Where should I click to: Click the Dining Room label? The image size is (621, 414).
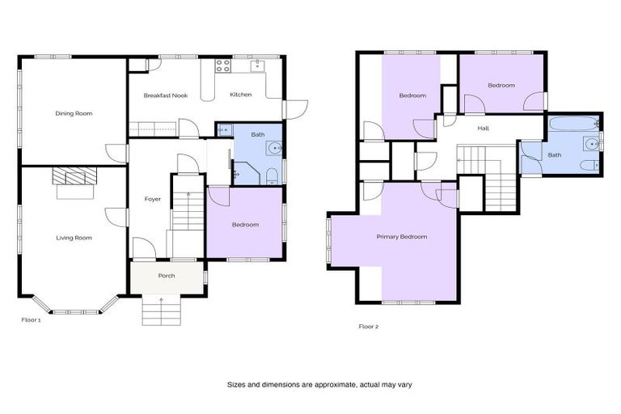coord(74,114)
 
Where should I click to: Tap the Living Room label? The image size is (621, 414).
coord(74,238)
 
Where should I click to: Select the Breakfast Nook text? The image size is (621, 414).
coord(166,95)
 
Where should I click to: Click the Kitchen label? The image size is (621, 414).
coord(240,95)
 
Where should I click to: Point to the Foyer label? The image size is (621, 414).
coord(153,199)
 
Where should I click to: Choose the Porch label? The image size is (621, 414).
coord(167,276)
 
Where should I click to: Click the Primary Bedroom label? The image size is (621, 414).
coord(401,237)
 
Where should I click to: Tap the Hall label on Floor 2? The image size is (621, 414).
coord(483,129)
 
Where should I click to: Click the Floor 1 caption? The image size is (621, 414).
coord(31,319)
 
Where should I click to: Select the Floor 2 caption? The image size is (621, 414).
coord(369,327)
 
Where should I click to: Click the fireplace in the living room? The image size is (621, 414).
coord(74,177)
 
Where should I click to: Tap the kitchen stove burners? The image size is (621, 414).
coord(223,65)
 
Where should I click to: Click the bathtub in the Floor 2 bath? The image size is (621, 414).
coord(572,125)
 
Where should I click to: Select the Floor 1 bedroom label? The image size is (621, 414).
coord(245,225)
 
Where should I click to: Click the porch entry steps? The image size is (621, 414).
coord(162,308)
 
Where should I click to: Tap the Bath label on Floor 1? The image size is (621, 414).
coord(257,135)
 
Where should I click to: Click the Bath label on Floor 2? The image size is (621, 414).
coord(555,155)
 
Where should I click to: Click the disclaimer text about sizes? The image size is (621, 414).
coord(319,385)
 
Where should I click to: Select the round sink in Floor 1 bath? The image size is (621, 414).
coord(275,148)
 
